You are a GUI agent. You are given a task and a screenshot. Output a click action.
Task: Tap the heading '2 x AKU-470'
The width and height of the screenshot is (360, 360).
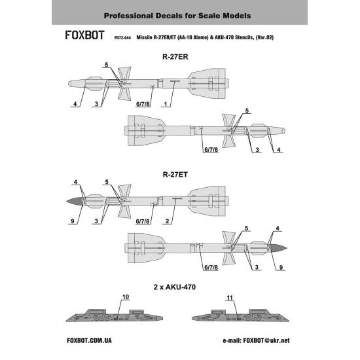tap(179, 287)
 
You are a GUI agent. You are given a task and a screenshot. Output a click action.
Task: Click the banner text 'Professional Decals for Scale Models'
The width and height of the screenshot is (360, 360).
tap(179, 14)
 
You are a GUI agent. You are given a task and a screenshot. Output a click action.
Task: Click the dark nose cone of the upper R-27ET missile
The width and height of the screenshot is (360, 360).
tap(74, 200)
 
